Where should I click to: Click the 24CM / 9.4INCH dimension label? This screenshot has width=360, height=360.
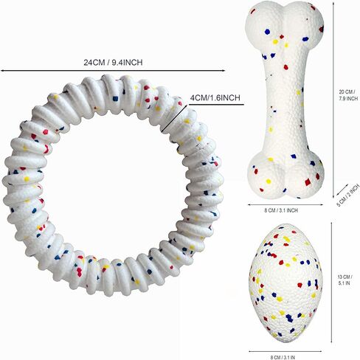(x=113, y=63)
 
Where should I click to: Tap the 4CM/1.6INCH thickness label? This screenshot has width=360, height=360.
(x=215, y=97)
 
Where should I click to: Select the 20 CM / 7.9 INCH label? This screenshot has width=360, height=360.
(x=348, y=95)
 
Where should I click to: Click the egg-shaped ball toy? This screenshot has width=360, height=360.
(x=285, y=283)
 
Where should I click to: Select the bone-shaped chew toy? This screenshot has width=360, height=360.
(x=285, y=100)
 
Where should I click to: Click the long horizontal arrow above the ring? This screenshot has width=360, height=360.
(x=113, y=71)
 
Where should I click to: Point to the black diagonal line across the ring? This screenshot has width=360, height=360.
(x=174, y=119)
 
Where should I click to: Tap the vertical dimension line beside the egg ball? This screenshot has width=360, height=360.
(x=331, y=283)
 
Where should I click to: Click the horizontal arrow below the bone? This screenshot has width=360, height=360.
(x=285, y=204)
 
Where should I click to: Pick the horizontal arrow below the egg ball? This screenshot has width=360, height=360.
(x=285, y=351)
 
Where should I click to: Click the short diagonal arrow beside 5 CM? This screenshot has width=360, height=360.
(x=342, y=190)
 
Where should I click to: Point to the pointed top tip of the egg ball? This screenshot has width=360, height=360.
(x=285, y=224)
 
